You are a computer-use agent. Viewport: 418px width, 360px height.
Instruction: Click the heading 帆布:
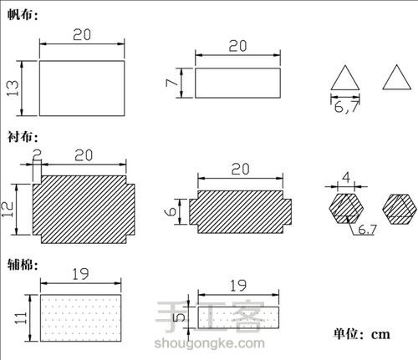click(23, 14)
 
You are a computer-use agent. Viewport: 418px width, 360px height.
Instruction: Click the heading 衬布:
click(23, 136)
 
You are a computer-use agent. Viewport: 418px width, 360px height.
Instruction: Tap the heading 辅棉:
click(23, 264)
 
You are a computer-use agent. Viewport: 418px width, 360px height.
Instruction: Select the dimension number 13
click(13, 89)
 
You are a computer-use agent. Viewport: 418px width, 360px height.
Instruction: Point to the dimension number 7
click(171, 83)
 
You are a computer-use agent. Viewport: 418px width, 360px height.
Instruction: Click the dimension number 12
click(8, 210)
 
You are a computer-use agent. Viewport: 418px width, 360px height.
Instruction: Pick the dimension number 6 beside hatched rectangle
click(171, 211)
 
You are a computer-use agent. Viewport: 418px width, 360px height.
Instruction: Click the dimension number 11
click(20, 318)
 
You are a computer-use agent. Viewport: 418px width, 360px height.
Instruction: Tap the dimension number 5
click(179, 317)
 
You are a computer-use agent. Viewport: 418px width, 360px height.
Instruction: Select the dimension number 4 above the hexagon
click(346, 177)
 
